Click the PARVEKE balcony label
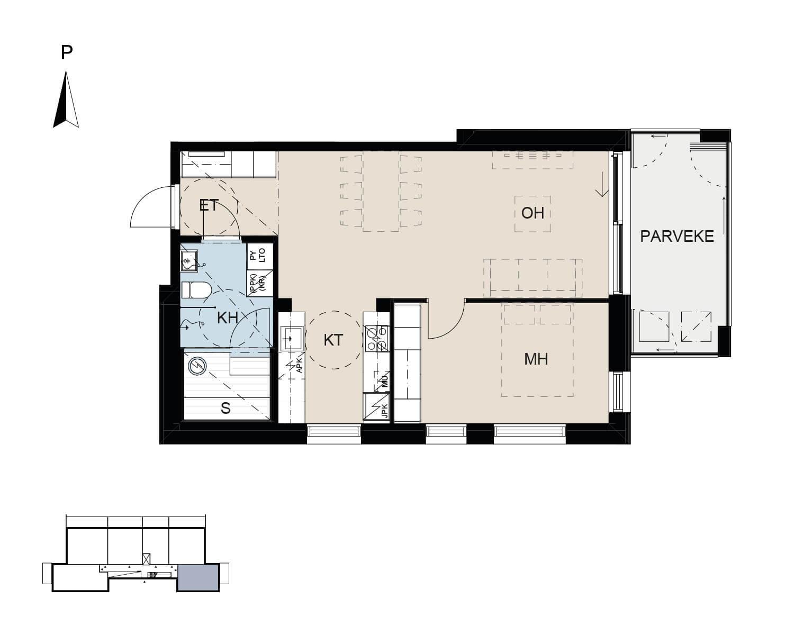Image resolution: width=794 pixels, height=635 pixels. click(x=676, y=236)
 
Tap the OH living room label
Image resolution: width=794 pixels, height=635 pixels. click(x=533, y=213)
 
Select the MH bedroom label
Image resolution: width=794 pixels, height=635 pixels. click(x=536, y=359)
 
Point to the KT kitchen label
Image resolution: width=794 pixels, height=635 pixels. click(x=333, y=340)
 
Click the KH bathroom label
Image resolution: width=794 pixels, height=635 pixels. click(x=227, y=317)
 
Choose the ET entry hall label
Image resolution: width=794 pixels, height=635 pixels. click(x=209, y=205)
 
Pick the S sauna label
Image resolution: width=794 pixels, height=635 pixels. click(x=225, y=409)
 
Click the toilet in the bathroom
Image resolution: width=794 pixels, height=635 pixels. click(x=196, y=290)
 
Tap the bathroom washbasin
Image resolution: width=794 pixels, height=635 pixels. click(x=190, y=261)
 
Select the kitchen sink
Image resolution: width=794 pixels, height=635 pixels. click(x=292, y=338)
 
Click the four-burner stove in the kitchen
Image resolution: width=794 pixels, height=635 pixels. click(x=377, y=338)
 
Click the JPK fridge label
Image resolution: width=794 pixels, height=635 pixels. click(x=385, y=410)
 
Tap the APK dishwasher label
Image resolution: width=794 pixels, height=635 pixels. click(x=299, y=365)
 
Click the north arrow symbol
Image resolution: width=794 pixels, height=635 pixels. click(x=66, y=99)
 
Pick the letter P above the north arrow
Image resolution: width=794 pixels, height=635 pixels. click(x=66, y=52)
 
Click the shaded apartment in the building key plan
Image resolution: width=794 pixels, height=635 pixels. click(x=198, y=577)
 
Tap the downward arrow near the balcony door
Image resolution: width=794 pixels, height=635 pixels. click(x=602, y=184)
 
